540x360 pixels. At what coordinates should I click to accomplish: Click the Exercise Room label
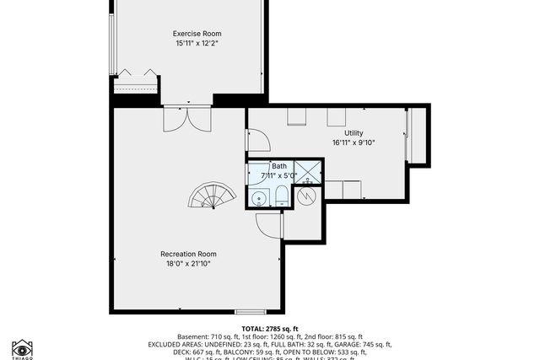coord(192,34)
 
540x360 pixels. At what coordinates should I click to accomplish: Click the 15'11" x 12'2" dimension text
coord(192,43)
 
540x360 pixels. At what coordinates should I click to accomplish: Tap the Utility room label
coord(354,133)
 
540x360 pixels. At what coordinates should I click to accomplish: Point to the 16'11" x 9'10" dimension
coord(354,142)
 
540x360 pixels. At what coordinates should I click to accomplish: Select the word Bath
coord(278,166)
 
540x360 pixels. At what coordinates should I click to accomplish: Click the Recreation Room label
coord(188,254)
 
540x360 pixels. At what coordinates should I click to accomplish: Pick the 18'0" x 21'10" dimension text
coord(188,263)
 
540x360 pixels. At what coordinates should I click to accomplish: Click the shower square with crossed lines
coord(310,171)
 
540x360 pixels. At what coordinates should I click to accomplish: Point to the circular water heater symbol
coord(308,196)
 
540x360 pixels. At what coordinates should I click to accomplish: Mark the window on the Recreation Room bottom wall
coord(250,312)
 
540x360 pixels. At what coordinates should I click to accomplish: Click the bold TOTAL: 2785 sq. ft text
coord(270,328)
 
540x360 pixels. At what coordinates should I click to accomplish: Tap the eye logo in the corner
coord(22,347)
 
